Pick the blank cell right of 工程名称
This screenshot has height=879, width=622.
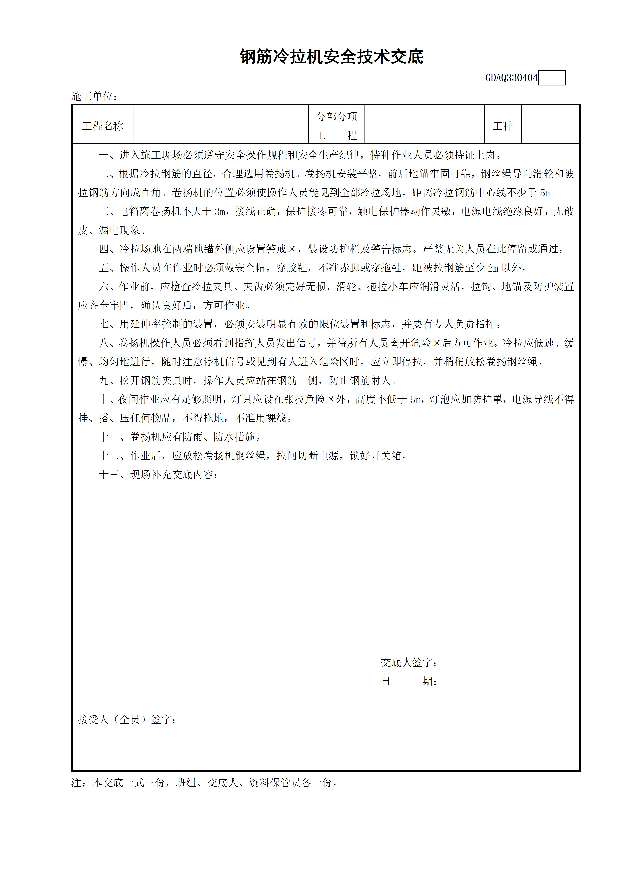(221, 125)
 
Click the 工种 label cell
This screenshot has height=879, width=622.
(502, 126)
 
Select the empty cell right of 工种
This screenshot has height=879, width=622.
(550, 125)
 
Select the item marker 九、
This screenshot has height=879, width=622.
(109, 381)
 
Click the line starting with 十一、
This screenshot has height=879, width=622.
(180, 437)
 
